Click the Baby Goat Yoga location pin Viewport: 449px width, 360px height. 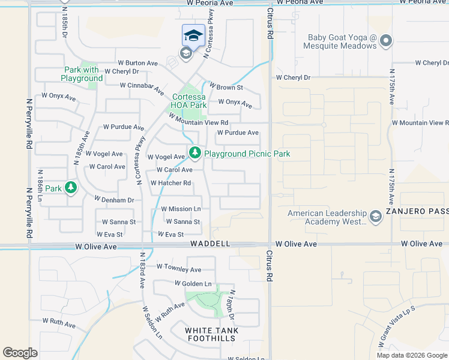point(385,41)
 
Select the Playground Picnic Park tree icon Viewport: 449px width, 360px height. point(194,154)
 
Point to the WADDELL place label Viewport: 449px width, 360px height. point(210,244)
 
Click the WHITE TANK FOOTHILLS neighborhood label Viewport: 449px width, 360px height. point(211,334)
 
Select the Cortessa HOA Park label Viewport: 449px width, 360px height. point(188,101)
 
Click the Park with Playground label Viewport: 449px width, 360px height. point(82,74)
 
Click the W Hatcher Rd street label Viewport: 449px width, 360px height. point(171,183)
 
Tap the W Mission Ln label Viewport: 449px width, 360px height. point(181,209)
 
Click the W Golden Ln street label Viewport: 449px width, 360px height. point(193,283)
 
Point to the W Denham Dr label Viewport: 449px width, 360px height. point(113,199)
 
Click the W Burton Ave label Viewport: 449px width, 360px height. point(137,62)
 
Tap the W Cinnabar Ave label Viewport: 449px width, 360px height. point(142,88)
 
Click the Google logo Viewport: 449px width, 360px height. point(20,352)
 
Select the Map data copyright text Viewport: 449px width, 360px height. point(411,355)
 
